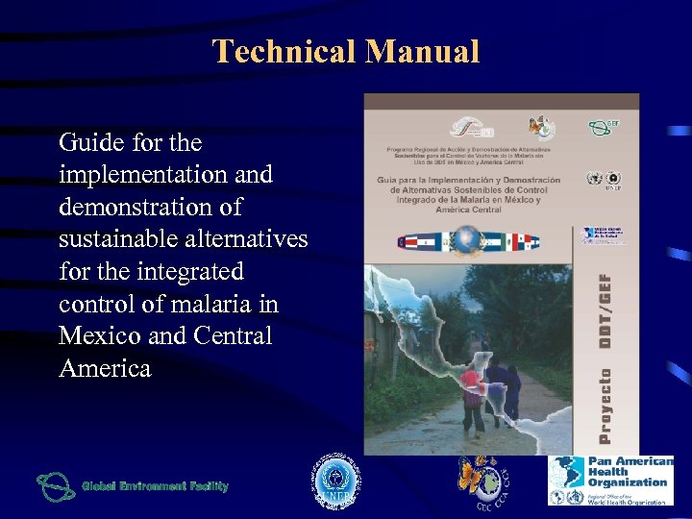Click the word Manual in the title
[422, 51]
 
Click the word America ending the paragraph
[105, 369]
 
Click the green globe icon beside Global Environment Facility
[55, 487]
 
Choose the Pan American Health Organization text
[630, 472]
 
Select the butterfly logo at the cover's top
[541, 127]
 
